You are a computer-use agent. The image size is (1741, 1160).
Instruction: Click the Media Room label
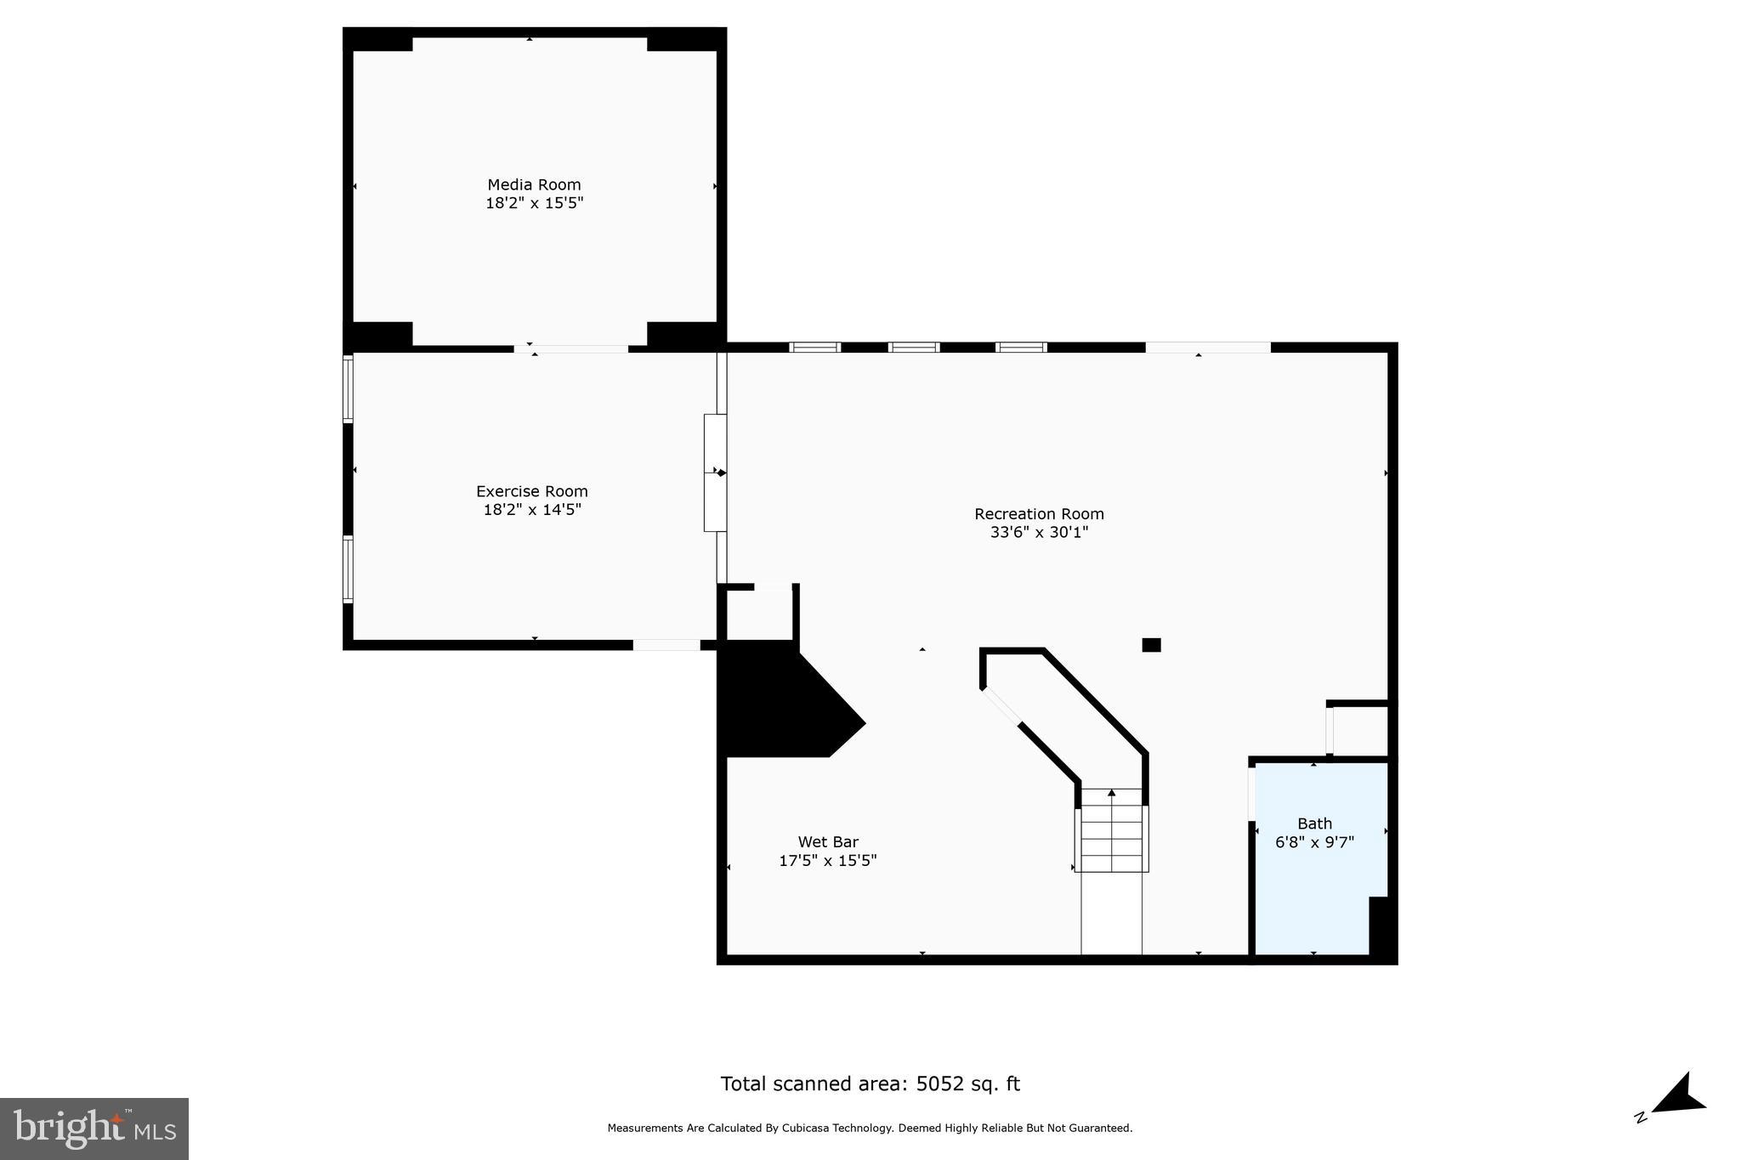(x=534, y=184)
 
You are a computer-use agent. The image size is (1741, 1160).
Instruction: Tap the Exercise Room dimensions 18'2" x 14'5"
(x=532, y=510)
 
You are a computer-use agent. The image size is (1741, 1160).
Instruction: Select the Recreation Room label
(x=1039, y=514)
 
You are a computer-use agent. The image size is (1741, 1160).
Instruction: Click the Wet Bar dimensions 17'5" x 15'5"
(x=828, y=861)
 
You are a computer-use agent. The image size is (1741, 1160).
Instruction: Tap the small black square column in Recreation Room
(x=1151, y=645)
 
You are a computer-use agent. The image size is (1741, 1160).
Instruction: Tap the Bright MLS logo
(x=94, y=1129)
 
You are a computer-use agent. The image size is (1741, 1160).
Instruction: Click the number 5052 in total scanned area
(x=939, y=1084)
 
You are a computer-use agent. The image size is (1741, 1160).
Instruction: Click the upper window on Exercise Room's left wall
(x=348, y=388)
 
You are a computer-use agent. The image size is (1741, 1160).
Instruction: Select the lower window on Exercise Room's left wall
(x=348, y=569)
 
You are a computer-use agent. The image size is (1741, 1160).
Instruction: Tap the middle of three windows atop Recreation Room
(x=914, y=347)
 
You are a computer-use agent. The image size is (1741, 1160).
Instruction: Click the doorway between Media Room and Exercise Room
(x=571, y=348)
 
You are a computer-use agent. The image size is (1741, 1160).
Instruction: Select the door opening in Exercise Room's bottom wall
(x=666, y=645)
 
